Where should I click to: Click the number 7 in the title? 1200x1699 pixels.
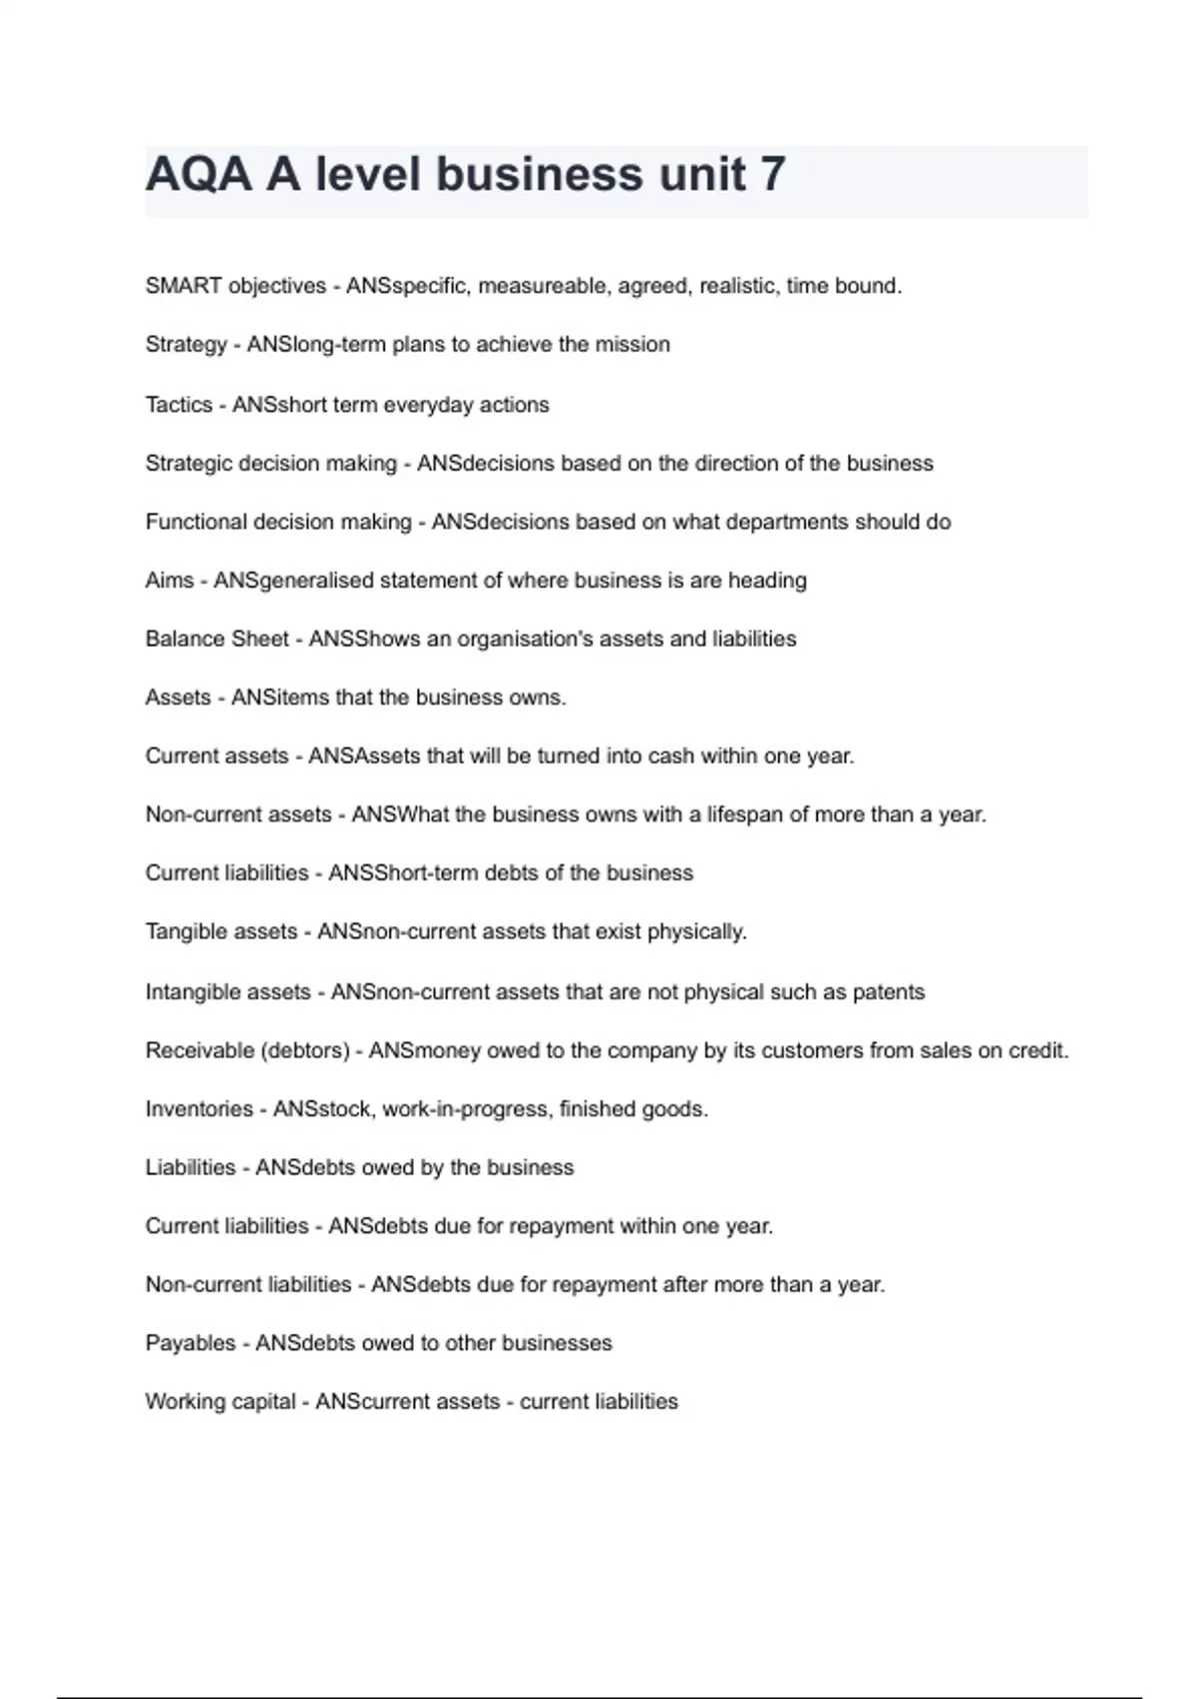(772, 174)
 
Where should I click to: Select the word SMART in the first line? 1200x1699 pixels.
(183, 286)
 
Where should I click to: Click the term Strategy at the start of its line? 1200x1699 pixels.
(186, 345)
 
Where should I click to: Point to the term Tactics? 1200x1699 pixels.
(179, 405)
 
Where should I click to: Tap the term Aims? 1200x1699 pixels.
(169, 581)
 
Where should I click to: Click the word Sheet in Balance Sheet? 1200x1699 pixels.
(262, 639)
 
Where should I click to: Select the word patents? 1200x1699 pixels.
(889, 992)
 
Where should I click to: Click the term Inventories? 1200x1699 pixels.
(199, 1109)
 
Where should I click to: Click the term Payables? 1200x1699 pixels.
(190, 1343)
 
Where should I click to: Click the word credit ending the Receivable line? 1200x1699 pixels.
(1039, 1050)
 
